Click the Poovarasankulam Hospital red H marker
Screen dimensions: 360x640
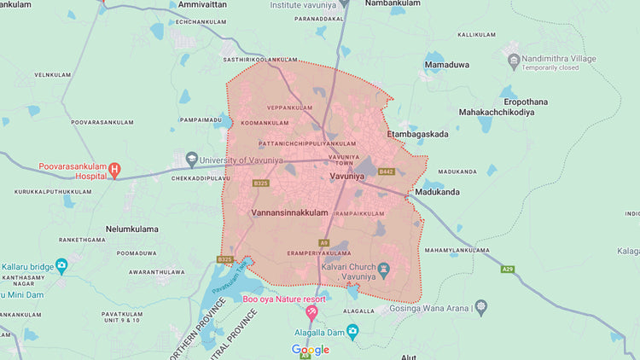(x=114, y=171)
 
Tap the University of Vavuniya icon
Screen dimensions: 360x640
(x=192, y=160)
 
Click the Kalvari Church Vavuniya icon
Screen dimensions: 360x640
(x=384, y=270)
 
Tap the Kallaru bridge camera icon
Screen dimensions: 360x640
(x=61, y=266)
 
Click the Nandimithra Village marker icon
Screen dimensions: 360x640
(x=514, y=60)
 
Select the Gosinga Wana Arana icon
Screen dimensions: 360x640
(x=481, y=305)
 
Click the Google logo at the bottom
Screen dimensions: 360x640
(x=311, y=350)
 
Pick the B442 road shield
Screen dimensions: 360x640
(x=386, y=171)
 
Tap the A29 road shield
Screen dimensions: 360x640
(x=508, y=269)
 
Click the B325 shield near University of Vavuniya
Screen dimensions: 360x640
(x=260, y=183)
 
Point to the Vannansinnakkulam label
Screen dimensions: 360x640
(x=290, y=212)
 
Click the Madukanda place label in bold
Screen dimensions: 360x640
(x=437, y=192)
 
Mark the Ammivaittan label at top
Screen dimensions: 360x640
(x=204, y=5)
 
